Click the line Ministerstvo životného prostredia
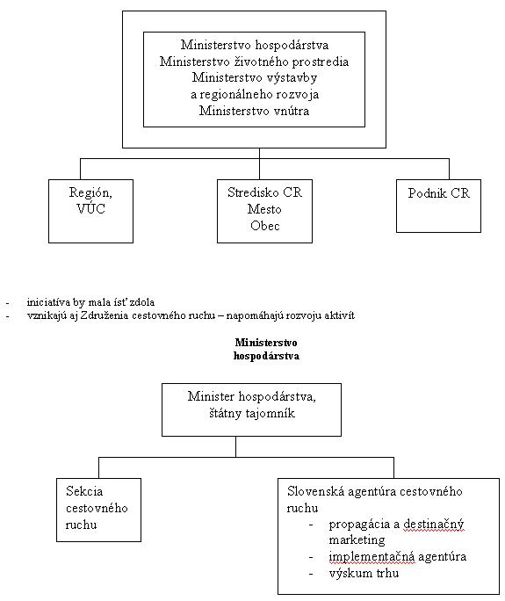254,62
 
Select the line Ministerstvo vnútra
254,111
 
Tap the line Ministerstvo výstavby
255,78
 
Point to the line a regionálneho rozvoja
255,94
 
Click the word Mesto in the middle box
264,209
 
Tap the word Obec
264,226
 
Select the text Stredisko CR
264,192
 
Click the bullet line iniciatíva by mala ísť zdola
90,302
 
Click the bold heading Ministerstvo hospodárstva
266,349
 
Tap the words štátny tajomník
252,413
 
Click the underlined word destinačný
434,525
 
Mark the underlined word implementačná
372,556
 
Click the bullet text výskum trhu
364,574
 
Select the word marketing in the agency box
357,540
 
